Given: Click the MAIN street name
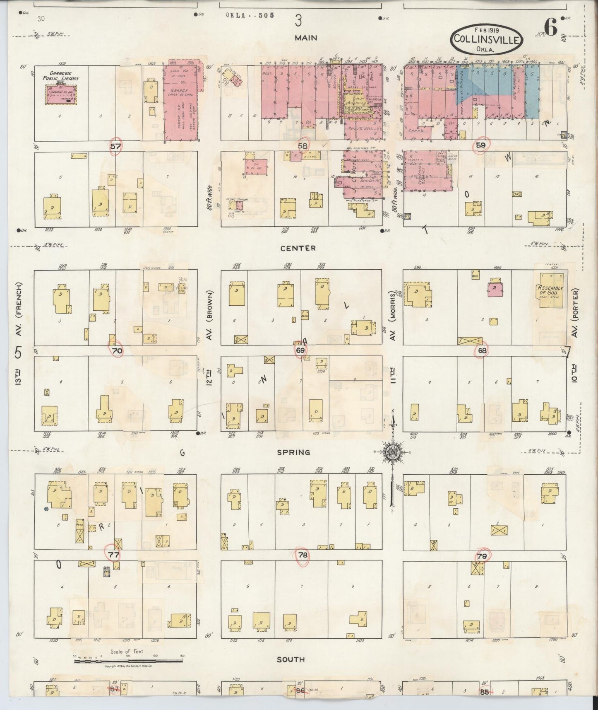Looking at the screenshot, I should coord(306,38).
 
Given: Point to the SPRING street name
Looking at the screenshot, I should coord(293,452).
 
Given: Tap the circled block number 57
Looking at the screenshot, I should coord(115,146).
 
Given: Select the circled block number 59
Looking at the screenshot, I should coord(480,145).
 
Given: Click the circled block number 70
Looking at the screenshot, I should coord(117,350).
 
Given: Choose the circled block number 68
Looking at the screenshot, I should coord(482,350).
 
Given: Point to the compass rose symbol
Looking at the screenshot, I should coord(391,452).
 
